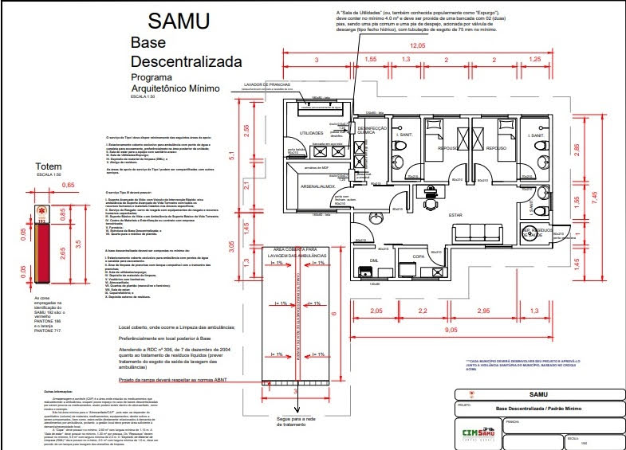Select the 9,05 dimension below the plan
(451, 330)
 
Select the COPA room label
(417, 256)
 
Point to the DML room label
(374, 260)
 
